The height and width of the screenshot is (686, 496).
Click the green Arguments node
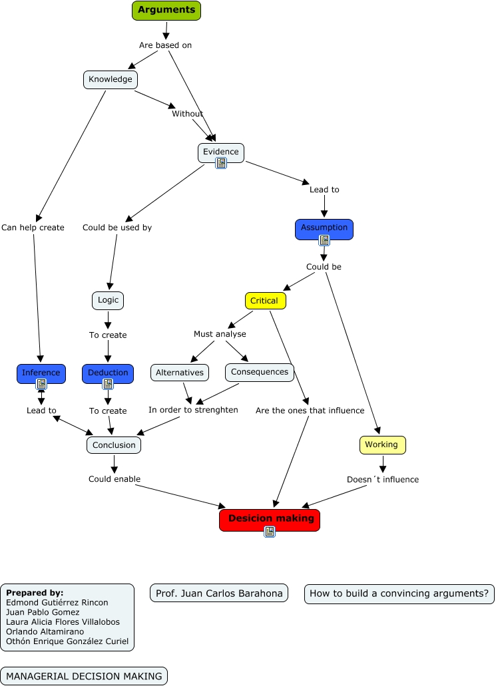(x=166, y=10)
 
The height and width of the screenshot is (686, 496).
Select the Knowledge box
(x=111, y=80)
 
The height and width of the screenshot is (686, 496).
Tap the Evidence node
(x=221, y=152)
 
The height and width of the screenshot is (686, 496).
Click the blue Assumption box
(x=324, y=228)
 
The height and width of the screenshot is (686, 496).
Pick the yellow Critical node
(x=265, y=301)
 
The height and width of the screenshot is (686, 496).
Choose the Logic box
(x=108, y=300)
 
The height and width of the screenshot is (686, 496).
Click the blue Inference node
(x=41, y=373)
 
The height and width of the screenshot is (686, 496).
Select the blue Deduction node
(x=108, y=373)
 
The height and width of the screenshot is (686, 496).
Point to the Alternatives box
(x=180, y=373)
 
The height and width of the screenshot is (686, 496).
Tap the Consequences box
(x=260, y=372)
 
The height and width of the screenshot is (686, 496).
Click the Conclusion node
(x=114, y=445)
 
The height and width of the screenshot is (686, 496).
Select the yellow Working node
(x=382, y=445)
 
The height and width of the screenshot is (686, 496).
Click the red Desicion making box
(x=270, y=519)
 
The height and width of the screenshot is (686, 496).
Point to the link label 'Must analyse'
(x=220, y=334)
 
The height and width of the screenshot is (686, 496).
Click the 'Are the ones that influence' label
(x=310, y=411)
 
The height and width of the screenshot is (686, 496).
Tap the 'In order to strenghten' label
(x=193, y=410)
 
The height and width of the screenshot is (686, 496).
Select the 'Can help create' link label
(x=33, y=228)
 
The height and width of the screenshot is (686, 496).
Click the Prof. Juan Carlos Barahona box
(x=219, y=593)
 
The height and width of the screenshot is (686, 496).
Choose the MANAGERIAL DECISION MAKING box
(x=84, y=676)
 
